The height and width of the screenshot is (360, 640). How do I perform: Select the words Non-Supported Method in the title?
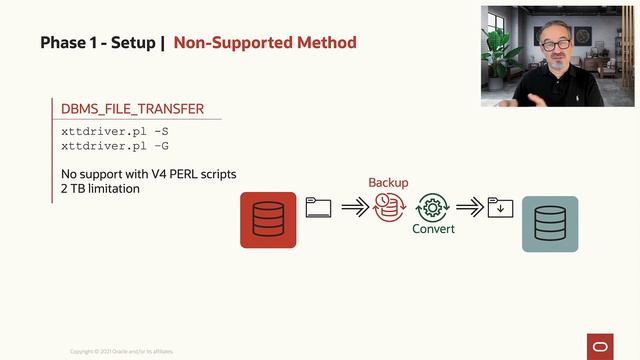[x=265, y=43]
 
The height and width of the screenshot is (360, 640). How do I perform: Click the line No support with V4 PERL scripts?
[x=149, y=175]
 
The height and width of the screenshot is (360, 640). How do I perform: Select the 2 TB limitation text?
[x=100, y=188]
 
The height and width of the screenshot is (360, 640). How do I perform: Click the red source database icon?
[x=268, y=220]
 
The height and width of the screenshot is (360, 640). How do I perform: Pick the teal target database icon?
[x=550, y=222]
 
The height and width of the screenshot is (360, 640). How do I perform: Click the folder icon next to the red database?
[x=318, y=207]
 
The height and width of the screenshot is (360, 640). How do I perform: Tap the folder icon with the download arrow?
[x=500, y=207]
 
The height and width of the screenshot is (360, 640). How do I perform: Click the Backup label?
[x=388, y=183]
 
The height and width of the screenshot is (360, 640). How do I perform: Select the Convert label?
[x=433, y=229]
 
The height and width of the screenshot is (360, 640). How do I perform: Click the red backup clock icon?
[x=387, y=206]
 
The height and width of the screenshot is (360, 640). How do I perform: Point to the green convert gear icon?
[x=432, y=206]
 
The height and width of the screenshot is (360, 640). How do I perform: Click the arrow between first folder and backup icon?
[x=354, y=207]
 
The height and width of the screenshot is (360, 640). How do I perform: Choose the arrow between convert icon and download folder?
[x=468, y=207]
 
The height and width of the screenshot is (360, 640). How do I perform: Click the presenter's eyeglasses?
[x=553, y=45]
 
